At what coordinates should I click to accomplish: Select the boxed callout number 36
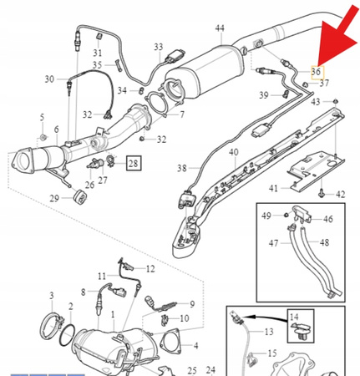[316, 72]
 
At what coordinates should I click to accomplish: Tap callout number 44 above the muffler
[220, 28]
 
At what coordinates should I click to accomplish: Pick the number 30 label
[49, 79]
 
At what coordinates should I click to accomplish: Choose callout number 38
[182, 168]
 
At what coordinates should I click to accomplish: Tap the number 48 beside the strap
[325, 242]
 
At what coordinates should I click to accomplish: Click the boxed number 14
[293, 317]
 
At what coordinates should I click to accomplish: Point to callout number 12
[150, 269]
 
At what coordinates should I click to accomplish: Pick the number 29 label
[54, 198]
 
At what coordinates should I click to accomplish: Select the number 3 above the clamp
[51, 296]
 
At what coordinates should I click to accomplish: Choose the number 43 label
[315, 101]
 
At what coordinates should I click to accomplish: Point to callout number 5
[43, 116]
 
